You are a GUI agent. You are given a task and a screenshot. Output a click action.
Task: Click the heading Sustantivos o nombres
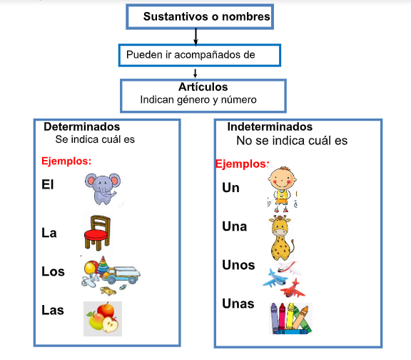point(206,16)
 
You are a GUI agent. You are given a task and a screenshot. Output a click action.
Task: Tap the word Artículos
point(203,87)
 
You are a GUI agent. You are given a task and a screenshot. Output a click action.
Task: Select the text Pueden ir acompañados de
point(191,55)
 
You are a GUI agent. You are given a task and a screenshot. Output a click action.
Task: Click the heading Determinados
point(82,126)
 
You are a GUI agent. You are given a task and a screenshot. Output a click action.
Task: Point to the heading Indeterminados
point(270,126)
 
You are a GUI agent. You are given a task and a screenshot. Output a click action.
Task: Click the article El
point(48,184)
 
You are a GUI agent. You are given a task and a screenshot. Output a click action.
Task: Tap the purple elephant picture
point(103,189)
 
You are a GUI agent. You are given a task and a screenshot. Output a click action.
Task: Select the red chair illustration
point(97,233)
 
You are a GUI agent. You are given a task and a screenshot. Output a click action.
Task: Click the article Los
point(53,271)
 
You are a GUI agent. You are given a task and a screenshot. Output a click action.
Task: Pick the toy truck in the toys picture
point(121,275)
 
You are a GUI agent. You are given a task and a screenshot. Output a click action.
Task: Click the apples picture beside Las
point(103,319)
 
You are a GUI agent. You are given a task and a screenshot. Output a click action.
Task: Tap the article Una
point(235,226)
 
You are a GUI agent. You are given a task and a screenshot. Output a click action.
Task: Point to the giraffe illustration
point(282,238)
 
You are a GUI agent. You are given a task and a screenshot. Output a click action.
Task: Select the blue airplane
point(275,279)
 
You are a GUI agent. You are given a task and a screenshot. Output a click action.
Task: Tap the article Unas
point(238,304)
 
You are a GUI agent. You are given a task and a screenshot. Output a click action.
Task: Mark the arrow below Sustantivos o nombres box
point(196,36)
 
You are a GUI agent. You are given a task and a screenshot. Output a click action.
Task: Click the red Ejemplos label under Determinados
point(66,161)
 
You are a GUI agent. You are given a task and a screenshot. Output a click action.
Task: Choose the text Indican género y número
point(198,100)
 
